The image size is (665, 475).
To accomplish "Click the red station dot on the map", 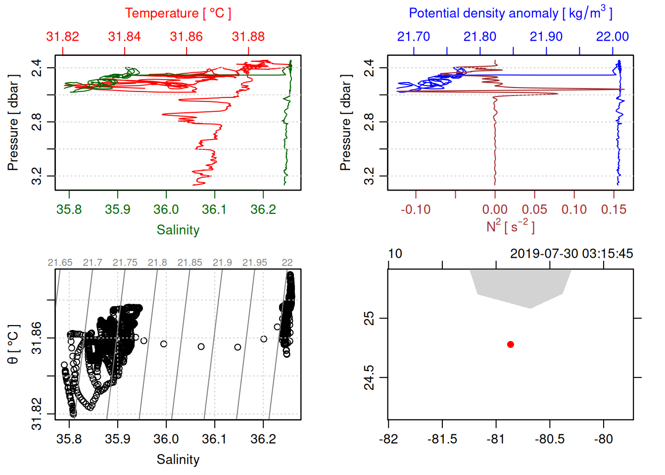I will [511, 344].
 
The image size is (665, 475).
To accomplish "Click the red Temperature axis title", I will [178, 13].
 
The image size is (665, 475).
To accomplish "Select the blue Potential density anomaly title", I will [511, 13].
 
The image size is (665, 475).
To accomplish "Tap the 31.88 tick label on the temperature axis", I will [248, 37].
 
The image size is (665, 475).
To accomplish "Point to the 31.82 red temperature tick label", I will [62, 37].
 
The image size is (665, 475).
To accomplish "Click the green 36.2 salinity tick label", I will [263, 209].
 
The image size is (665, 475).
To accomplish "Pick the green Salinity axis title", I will [178, 230].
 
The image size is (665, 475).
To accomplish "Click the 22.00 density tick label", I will [613, 37].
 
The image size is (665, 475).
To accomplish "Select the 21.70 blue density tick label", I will [414, 37].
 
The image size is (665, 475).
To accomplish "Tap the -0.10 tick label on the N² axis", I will [416, 210].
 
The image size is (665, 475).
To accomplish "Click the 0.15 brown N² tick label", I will [614, 210].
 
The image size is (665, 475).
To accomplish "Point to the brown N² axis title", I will [511, 227].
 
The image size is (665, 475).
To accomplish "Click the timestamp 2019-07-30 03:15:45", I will [571, 254].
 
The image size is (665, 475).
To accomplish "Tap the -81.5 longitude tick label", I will [442, 439].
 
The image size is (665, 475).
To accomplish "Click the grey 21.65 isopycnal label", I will [60, 263].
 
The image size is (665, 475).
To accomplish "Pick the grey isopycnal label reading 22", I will [287, 263].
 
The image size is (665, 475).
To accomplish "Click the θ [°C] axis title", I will [13, 344].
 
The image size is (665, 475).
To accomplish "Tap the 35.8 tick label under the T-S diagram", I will [69, 439].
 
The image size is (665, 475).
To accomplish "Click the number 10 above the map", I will [395, 254].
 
